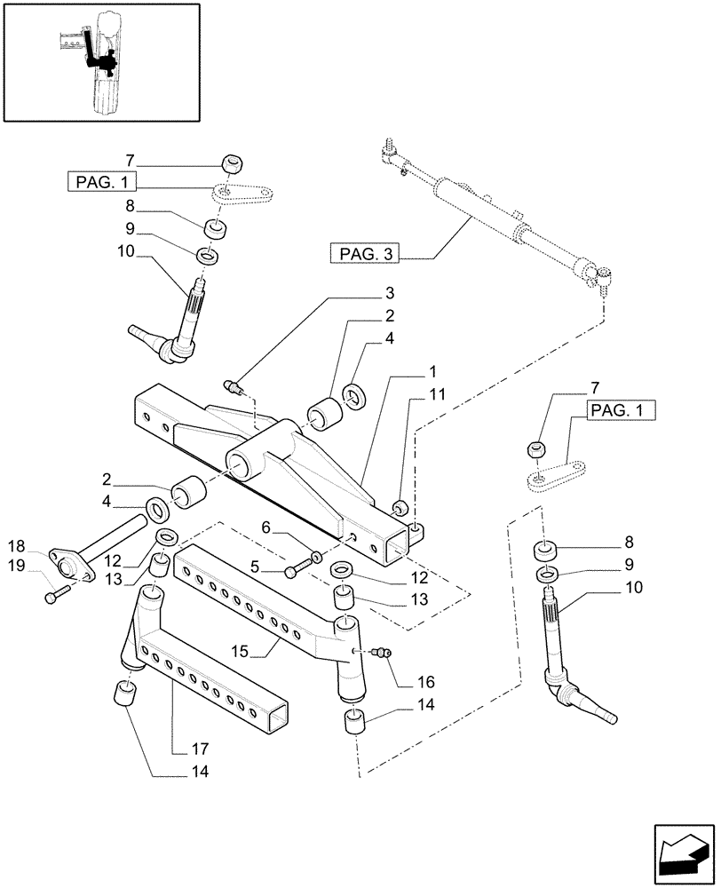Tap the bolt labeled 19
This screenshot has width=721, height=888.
click(x=54, y=595)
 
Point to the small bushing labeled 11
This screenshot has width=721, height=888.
click(x=400, y=507)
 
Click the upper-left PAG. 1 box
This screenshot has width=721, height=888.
click(x=100, y=183)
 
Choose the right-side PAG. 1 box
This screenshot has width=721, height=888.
click(x=621, y=410)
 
